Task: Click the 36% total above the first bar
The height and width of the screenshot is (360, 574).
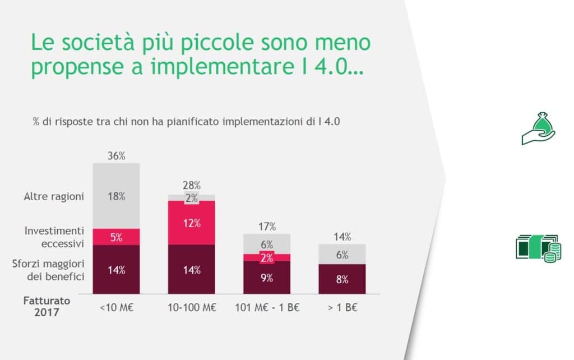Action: pos(116,156)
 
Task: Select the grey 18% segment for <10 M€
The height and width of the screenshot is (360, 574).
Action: pos(116,196)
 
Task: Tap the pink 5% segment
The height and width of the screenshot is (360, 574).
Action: pos(116,237)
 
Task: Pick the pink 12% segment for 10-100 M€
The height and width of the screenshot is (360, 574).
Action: pos(192,223)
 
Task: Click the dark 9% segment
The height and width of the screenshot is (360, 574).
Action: pos(267,278)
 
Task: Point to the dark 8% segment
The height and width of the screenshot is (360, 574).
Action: pos(342,279)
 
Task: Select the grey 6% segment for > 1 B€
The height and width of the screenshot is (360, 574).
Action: pos(342,255)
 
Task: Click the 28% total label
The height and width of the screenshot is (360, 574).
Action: pos(192,186)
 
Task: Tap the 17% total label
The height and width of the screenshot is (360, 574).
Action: pos(267,227)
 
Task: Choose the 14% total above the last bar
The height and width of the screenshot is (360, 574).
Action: pos(342,237)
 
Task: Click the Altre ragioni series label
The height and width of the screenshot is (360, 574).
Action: pos(54,197)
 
